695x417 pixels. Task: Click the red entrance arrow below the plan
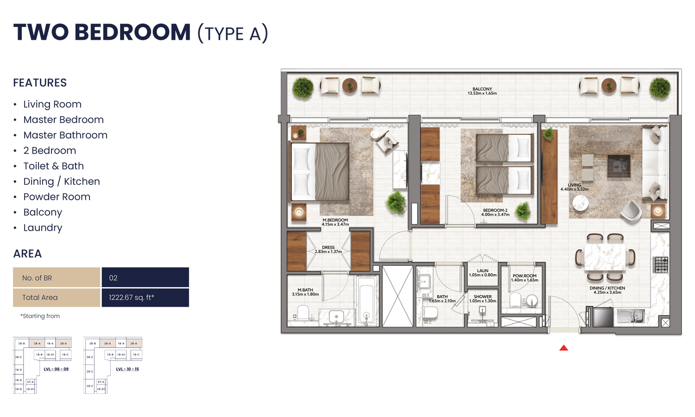click(x=563, y=347)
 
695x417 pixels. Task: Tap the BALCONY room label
click(x=482, y=91)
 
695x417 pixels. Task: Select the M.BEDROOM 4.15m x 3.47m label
click(x=335, y=222)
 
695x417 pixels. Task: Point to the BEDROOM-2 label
click(x=495, y=212)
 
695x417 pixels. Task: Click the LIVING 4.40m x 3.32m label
click(x=574, y=187)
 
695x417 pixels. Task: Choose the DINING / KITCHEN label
click(x=607, y=290)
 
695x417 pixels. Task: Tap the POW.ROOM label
click(x=524, y=278)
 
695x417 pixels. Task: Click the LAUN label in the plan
click(x=482, y=272)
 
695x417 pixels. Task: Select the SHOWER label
click(x=482, y=298)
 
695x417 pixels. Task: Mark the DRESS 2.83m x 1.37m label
click(x=328, y=249)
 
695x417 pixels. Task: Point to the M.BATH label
click(x=305, y=292)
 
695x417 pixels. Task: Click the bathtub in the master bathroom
click(x=366, y=301)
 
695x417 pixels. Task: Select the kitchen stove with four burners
click(x=660, y=265)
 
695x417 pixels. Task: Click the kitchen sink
click(x=631, y=316)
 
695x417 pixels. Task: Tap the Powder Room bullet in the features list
click(x=57, y=197)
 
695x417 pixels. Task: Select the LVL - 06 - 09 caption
click(x=56, y=369)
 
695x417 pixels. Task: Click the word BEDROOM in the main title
click(x=132, y=32)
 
